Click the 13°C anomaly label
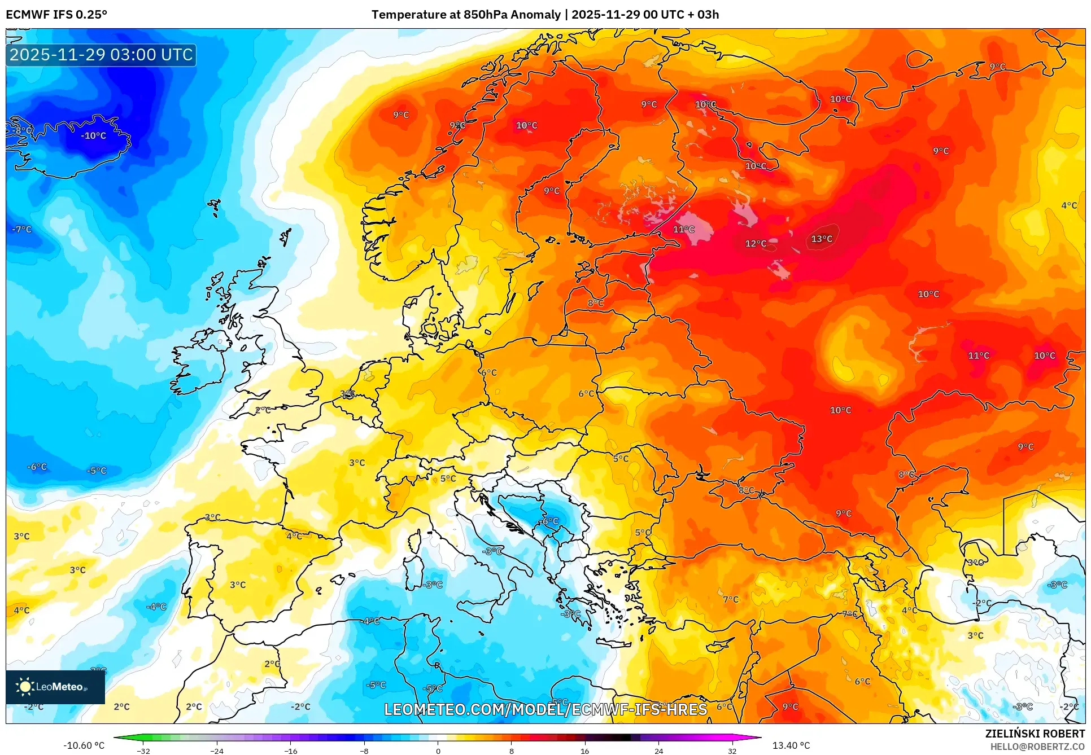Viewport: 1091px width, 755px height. click(x=821, y=239)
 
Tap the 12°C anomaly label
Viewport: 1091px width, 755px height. click(x=756, y=243)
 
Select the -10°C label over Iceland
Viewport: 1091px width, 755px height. click(x=93, y=135)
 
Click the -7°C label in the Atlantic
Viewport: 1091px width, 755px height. click(x=22, y=229)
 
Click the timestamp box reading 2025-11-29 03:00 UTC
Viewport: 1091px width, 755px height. click(x=101, y=55)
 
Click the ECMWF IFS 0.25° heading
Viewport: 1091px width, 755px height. click(x=56, y=15)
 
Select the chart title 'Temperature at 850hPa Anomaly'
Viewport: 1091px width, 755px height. click(x=466, y=15)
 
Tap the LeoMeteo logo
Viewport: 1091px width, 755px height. click(x=55, y=687)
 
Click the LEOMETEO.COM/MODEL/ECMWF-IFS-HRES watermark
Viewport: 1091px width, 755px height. click(x=545, y=709)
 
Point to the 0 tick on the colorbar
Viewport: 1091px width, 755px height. click(x=438, y=750)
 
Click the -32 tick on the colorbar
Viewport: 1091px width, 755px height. click(x=143, y=750)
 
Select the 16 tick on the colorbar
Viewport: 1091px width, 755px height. click(x=584, y=750)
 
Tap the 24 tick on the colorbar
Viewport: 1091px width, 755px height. click(x=658, y=750)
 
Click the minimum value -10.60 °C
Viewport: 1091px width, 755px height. click(x=84, y=745)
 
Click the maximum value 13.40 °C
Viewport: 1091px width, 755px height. click(x=791, y=745)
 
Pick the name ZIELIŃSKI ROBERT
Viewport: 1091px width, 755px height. click(x=1035, y=734)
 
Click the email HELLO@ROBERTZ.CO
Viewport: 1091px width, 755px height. click(x=1037, y=747)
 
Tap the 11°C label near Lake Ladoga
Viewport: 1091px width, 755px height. click(x=683, y=229)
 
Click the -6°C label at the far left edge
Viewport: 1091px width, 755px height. click(x=37, y=467)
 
